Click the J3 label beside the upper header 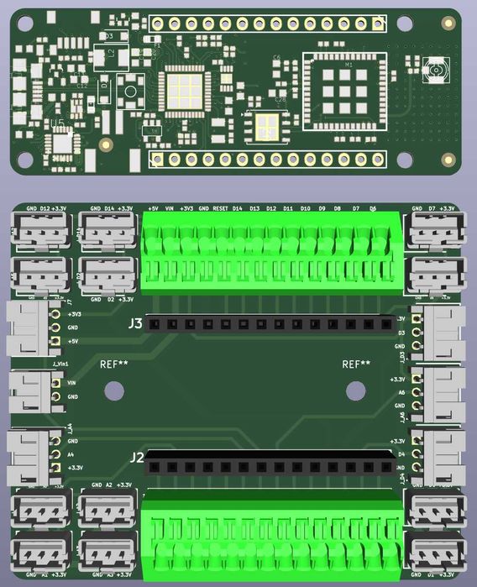click(135, 322)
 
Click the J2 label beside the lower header click(136, 458)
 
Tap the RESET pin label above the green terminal click(220, 207)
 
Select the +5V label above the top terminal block click(153, 207)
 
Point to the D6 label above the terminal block click(373, 207)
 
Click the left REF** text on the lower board click(113, 364)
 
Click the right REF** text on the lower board click(356, 364)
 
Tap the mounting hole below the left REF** click(113, 390)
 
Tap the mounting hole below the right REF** click(356, 390)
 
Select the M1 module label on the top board click(349, 65)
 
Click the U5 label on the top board click(57, 123)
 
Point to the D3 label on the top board click(109, 36)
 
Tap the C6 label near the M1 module click(277, 57)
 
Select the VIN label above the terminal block click(170, 207)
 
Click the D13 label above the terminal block click(254, 207)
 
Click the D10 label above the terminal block click(305, 207)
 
